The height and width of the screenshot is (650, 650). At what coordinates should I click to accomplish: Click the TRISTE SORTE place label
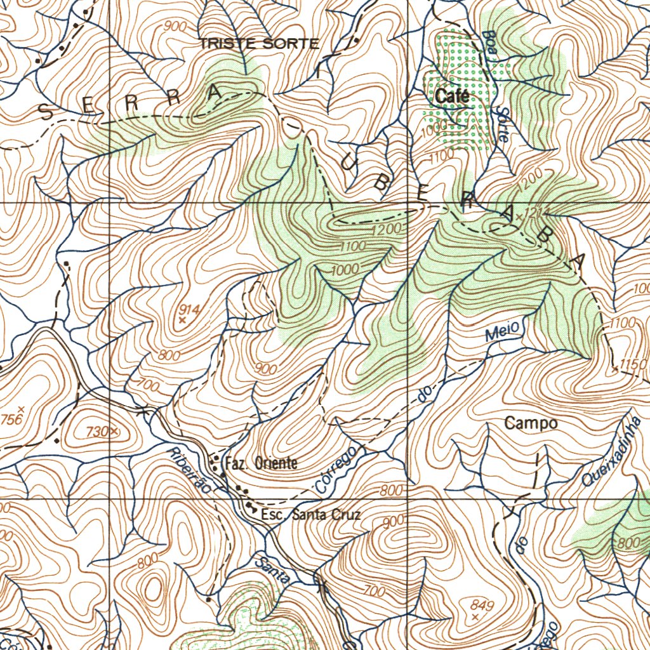point(259,44)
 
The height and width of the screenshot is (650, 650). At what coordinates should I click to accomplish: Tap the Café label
point(453,96)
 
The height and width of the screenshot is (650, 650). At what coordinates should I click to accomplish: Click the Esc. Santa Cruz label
point(311,515)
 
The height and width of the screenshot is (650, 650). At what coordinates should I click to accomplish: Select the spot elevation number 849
point(482,604)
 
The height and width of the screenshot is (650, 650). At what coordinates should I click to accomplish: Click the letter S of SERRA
point(46,113)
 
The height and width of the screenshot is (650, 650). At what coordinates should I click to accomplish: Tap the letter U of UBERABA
point(350,164)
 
